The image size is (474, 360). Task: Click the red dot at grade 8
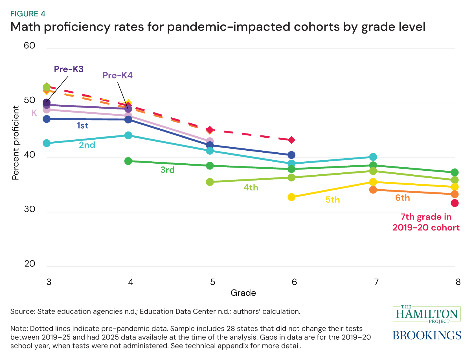455,203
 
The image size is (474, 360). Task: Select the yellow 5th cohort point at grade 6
291,197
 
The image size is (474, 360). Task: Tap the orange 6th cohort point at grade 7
373,190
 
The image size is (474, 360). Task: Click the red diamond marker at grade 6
291,140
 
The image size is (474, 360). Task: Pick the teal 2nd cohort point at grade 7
373,157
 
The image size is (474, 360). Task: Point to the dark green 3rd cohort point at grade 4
128,161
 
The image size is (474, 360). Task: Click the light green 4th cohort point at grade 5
210,182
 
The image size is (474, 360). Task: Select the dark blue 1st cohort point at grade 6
291,155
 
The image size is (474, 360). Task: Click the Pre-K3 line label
69,69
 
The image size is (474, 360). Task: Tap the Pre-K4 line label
117,75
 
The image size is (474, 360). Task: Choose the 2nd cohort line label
87,145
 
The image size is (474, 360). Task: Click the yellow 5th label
333,200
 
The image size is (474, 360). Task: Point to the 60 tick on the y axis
29,45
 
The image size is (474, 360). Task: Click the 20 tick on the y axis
30,264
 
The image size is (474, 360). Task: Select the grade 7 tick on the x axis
376,282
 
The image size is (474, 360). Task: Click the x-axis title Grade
243,293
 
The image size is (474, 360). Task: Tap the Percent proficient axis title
16,143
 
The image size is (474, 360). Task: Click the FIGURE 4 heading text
28,14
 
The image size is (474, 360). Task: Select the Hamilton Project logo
427,314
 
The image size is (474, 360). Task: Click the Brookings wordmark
427,335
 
